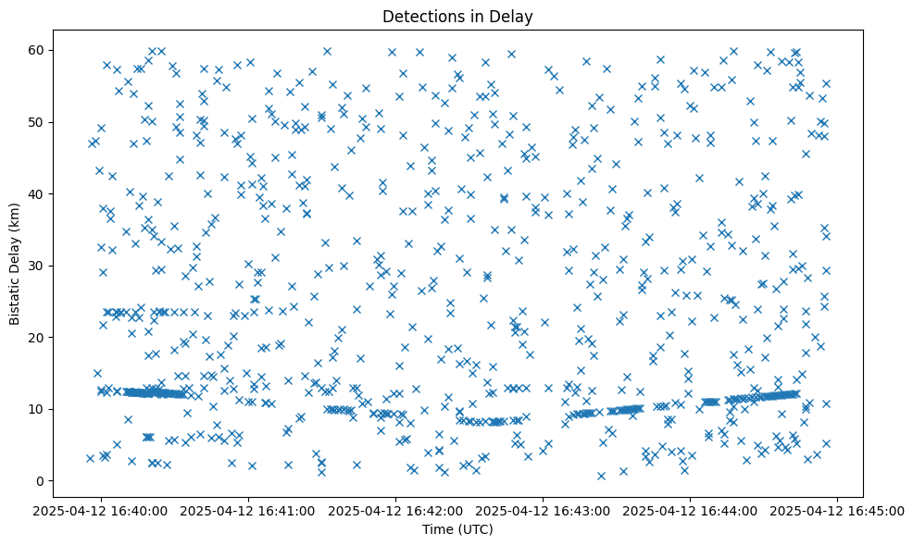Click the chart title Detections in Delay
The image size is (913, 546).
pos(457,16)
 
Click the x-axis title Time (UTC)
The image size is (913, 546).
pos(457,529)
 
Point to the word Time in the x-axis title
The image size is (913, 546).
pos(438,529)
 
